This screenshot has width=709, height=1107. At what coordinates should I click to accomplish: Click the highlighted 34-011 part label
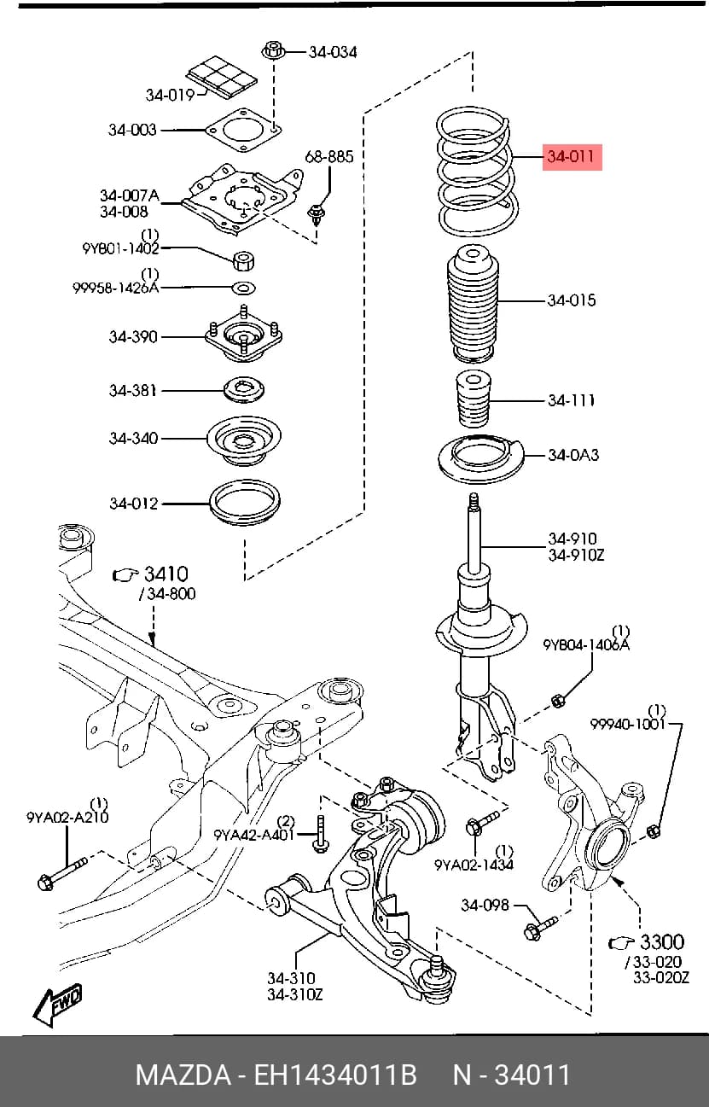572,157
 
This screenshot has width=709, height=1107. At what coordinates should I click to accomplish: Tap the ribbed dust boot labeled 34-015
473,303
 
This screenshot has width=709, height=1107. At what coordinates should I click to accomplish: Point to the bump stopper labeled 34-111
473,399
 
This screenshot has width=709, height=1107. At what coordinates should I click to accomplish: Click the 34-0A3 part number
573,455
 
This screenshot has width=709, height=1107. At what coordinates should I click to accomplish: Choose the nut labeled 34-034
272,50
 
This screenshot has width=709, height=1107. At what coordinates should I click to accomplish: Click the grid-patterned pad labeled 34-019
221,76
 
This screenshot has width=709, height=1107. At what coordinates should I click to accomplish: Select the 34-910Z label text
576,555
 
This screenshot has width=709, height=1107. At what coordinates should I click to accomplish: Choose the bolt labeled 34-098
540,928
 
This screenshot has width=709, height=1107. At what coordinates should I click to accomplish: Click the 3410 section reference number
166,574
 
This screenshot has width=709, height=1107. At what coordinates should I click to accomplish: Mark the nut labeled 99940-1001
654,830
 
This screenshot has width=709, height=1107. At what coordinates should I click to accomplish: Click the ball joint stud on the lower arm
437,967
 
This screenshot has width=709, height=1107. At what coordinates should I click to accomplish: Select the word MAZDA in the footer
183,1075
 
